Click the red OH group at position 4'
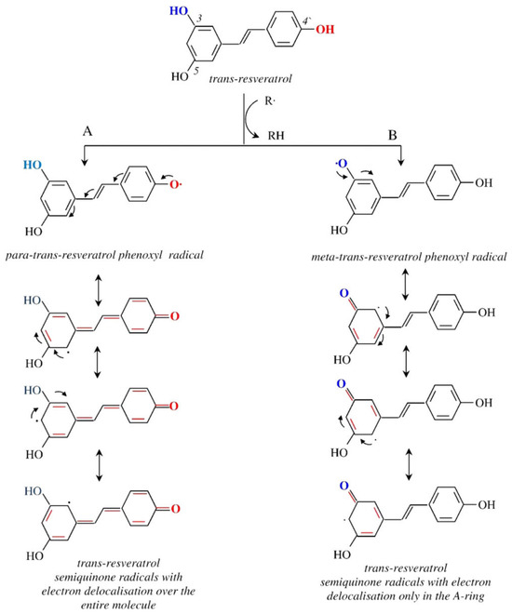325,29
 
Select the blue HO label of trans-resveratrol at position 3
179,10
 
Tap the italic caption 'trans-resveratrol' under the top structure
250,79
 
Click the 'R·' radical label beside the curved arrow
270,101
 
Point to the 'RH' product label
276,136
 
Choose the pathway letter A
88,131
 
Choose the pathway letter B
393,135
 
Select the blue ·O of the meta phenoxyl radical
342,164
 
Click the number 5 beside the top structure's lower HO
195,71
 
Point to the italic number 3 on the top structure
199,19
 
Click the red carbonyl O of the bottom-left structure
175,509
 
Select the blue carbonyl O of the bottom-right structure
344,486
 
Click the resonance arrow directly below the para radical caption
99,289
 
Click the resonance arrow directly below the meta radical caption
406,284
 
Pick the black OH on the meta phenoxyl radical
484,183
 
